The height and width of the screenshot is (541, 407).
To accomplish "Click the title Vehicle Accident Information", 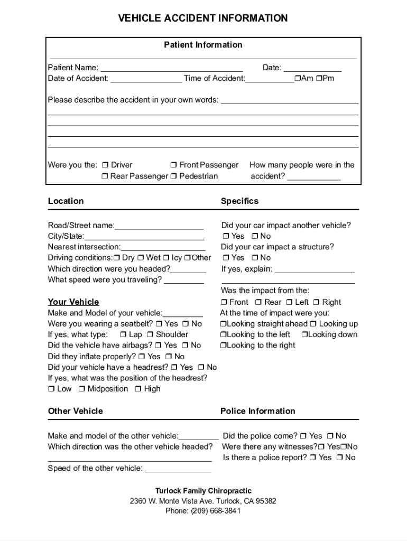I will [203, 18].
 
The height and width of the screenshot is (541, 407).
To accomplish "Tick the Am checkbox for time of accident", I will [298, 79].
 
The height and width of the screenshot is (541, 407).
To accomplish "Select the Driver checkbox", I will [105, 165].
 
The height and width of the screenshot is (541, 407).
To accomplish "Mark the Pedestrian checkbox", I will [173, 176].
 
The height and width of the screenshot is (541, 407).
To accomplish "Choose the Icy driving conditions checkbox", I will [166, 258].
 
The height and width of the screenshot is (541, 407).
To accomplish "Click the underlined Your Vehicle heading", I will [73, 302].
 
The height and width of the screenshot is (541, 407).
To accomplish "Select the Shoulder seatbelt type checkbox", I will [150, 335].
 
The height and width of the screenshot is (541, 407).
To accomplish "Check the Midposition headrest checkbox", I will [82, 389].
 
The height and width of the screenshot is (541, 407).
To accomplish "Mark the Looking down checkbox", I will [304, 335].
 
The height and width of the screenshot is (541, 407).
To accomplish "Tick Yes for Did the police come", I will [303, 436].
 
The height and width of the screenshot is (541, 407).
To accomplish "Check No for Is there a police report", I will [339, 458].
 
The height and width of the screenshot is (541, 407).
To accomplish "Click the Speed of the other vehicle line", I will [178, 469].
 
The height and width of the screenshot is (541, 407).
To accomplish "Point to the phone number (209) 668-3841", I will [203, 511].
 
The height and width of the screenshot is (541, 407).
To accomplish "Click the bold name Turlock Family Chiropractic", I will [203, 491].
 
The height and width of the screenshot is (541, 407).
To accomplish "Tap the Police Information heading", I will [257, 411].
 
